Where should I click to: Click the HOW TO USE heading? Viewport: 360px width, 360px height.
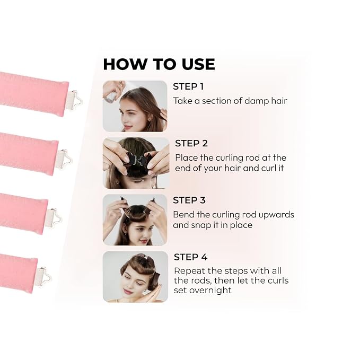pos(159,64)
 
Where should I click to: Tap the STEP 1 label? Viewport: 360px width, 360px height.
pos(188,86)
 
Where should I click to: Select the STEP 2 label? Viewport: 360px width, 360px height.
pos(191,143)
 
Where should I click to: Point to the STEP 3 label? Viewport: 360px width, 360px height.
pos(189,200)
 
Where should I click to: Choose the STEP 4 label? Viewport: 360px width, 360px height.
pos(190,257)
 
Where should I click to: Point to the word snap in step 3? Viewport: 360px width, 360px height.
pos(201,225)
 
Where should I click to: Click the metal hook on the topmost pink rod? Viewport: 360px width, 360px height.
pos(75,100)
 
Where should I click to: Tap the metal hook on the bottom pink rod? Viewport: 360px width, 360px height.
pos(43,277)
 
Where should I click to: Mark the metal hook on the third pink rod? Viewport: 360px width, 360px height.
pos(54,217)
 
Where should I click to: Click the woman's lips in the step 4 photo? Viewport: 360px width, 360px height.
pos(128,291)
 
